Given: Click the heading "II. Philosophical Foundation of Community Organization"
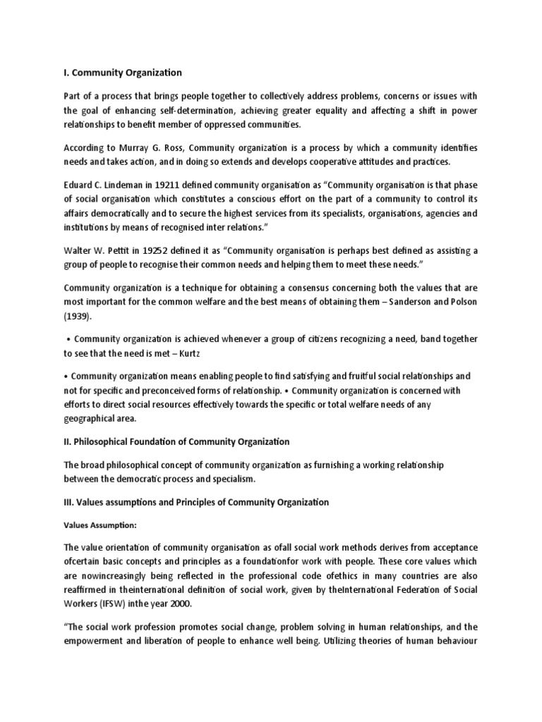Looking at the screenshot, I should (x=176, y=442).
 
